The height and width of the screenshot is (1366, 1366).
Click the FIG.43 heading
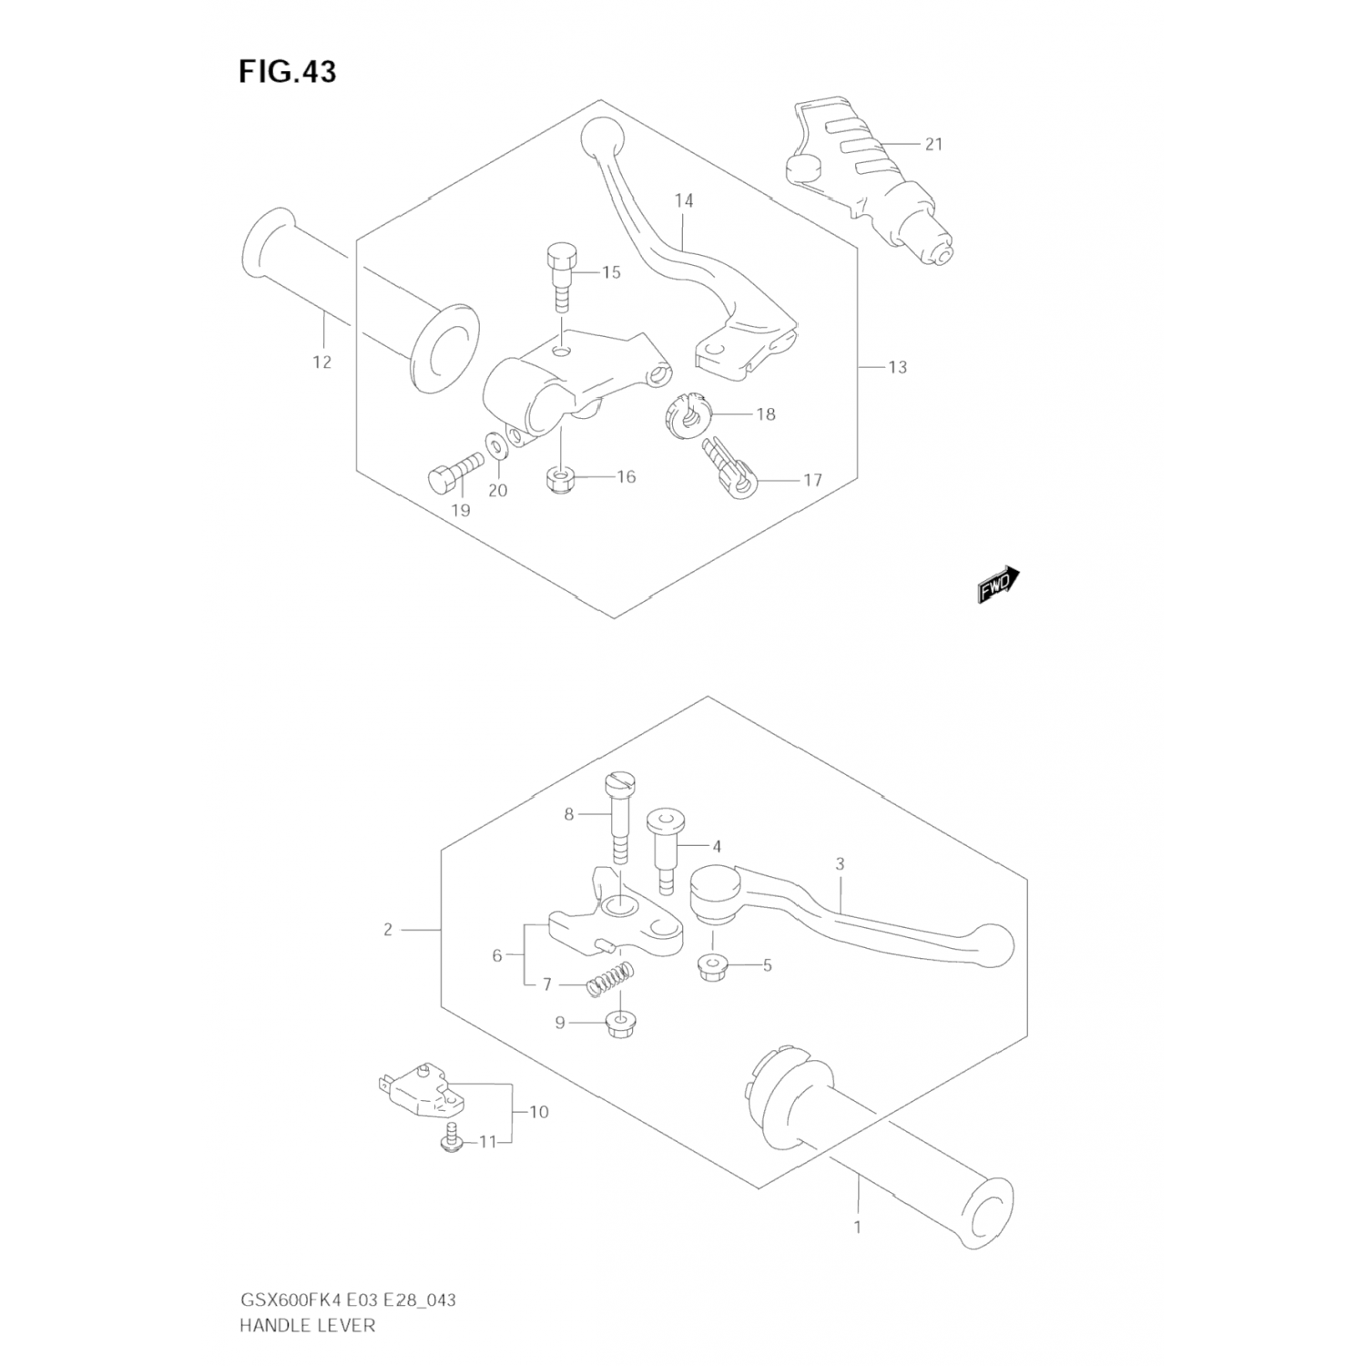(x=287, y=72)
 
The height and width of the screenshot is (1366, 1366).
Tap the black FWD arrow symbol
(x=998, y=585)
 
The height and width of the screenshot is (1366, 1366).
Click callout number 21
(x=933, y=144)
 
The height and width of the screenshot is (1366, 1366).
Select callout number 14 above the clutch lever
(x=684, y=200)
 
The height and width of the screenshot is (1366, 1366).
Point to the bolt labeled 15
(x=561, y=277)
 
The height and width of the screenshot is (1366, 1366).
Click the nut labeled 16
(x=561, y=478)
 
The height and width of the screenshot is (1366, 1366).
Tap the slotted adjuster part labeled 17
(x=727, y=465)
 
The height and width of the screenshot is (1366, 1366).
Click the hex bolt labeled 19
(x=454, y=472)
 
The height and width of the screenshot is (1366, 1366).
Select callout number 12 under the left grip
(x=321, y=362)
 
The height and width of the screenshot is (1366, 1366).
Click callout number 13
(x=897, y=367)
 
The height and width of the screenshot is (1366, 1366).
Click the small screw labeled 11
(x=449, y=1140)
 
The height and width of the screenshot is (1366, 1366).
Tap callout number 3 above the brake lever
(x=840, y=863)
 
